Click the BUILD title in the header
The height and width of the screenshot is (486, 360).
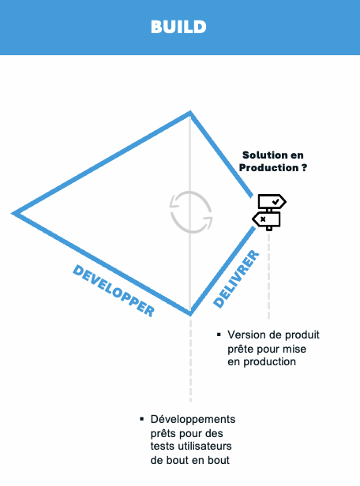tap(178, 27)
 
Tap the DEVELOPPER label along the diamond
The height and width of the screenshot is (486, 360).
tap(114, 290)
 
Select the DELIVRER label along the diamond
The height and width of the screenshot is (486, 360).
tap(236, 279)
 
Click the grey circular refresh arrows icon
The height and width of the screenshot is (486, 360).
tap(191, 212)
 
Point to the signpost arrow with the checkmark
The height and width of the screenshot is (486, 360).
tap(272, 202)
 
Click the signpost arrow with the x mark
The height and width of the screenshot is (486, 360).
tap(266, 219)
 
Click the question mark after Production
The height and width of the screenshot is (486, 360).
tap(304, 168)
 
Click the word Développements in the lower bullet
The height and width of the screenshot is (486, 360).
tap(193, 420)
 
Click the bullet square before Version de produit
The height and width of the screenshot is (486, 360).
tap(219, 335)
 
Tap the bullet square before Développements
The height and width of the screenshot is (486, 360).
tap(141, 419)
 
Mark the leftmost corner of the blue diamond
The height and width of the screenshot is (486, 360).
tap(13, 213)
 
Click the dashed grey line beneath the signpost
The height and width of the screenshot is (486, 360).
tap(269, 276)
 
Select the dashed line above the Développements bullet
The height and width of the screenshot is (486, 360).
tap(190, 361)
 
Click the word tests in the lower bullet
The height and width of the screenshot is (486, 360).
tap(163, 447)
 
